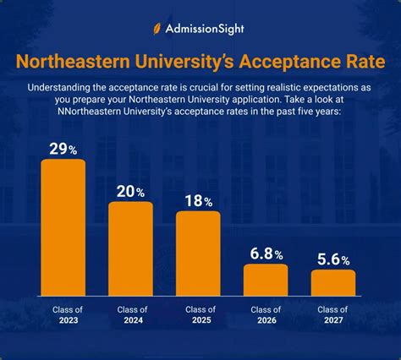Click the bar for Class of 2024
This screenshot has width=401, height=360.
tap(131, 248)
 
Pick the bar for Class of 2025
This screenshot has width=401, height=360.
tap(198, 253)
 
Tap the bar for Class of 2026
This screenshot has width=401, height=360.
tap(266, 280)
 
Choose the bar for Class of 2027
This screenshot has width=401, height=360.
tap(333, 282)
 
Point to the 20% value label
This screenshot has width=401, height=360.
tap(131, 192)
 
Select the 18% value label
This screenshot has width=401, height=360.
tap(199, 201)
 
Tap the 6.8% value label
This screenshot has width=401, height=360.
tap(266, 254)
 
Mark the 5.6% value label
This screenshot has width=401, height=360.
tap(334, 259)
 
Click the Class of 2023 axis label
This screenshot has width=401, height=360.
tap(63, 315)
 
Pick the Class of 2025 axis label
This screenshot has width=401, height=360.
tap(198, 315)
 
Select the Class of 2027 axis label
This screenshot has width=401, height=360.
tap(333, 315)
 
